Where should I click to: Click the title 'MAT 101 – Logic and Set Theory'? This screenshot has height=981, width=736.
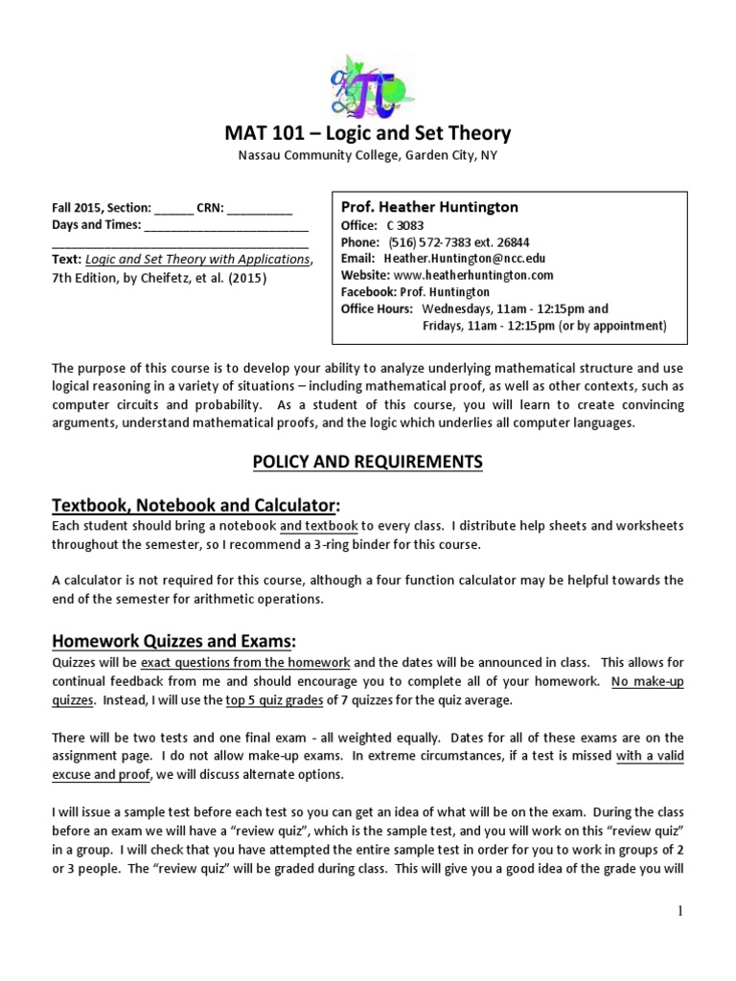tap(368, 133)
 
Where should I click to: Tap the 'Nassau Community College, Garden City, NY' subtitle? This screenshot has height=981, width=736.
tap(368, 155)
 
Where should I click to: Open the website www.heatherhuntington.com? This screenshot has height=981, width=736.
tap(473, 275)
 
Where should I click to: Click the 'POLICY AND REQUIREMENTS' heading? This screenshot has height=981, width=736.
tap(368, 463)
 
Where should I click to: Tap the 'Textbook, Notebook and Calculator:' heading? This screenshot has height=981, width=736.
tap(182, 504)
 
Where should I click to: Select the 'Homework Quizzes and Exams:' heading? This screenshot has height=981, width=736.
tap(160, 639)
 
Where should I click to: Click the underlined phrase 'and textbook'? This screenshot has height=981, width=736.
tap(319, 526)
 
